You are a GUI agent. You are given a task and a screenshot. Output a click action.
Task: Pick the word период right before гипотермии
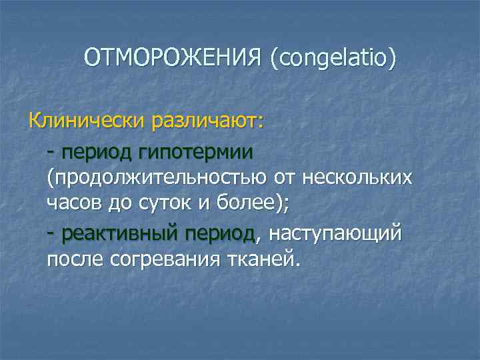(x=98, y=152)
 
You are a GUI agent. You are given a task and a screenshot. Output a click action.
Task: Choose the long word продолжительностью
(x=159, y=178)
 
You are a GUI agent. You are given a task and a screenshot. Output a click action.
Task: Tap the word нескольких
(x=357, y=178)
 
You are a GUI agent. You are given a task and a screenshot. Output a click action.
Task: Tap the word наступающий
(x=335, y=233)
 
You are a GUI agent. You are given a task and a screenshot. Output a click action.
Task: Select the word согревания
(x=169, y=259)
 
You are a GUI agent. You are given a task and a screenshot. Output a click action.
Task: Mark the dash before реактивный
(x=51, y=233)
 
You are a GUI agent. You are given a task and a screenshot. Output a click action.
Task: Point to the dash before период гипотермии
(x=51, y=152)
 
